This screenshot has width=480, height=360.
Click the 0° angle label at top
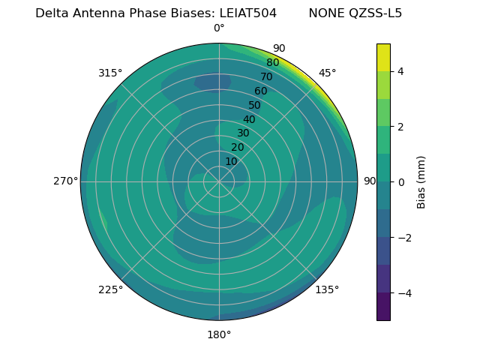pyautogui.click(x=219, y=28)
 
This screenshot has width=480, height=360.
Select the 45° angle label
pyautogui.click(x=327, y=73)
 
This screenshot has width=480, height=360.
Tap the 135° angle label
pyautogui.click(x=326, y=290)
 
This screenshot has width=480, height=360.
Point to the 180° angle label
pyautogui.click(x=219, y=334)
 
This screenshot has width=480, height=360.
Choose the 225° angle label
pyautogui.click(x=110, y=290)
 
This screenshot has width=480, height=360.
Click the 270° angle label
pyautogui.click(x=65, y=181)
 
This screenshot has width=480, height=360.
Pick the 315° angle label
pyautogui.click(x=110, y=73)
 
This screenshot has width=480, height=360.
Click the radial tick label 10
pyautogui.click(x=231, y=161)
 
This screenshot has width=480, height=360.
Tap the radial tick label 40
pyautogui.click(x=249, y=119)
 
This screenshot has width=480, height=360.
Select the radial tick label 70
pyautogui.click(x=266, y=76)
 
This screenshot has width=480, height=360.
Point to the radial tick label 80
pyautogui.click(x=272, y=62)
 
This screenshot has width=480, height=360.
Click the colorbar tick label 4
pyautogui.click(x=400, y=71)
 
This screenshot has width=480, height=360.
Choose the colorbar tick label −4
pyautogui.click(x=403, y=293)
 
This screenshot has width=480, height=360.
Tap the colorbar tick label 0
pyautogui.click(x=400, y=182)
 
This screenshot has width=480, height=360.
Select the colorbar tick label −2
pyautogui.click(x=403, y=238)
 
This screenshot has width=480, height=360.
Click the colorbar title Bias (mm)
pyautogui.click(x=421, y=181)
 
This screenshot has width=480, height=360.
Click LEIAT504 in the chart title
pyautogui.click(x=247, y=13)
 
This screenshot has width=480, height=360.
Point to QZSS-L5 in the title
pyautogui.click(x=372, y=13)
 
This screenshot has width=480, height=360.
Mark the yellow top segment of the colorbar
pyautogui.click(x=383, y=57)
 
